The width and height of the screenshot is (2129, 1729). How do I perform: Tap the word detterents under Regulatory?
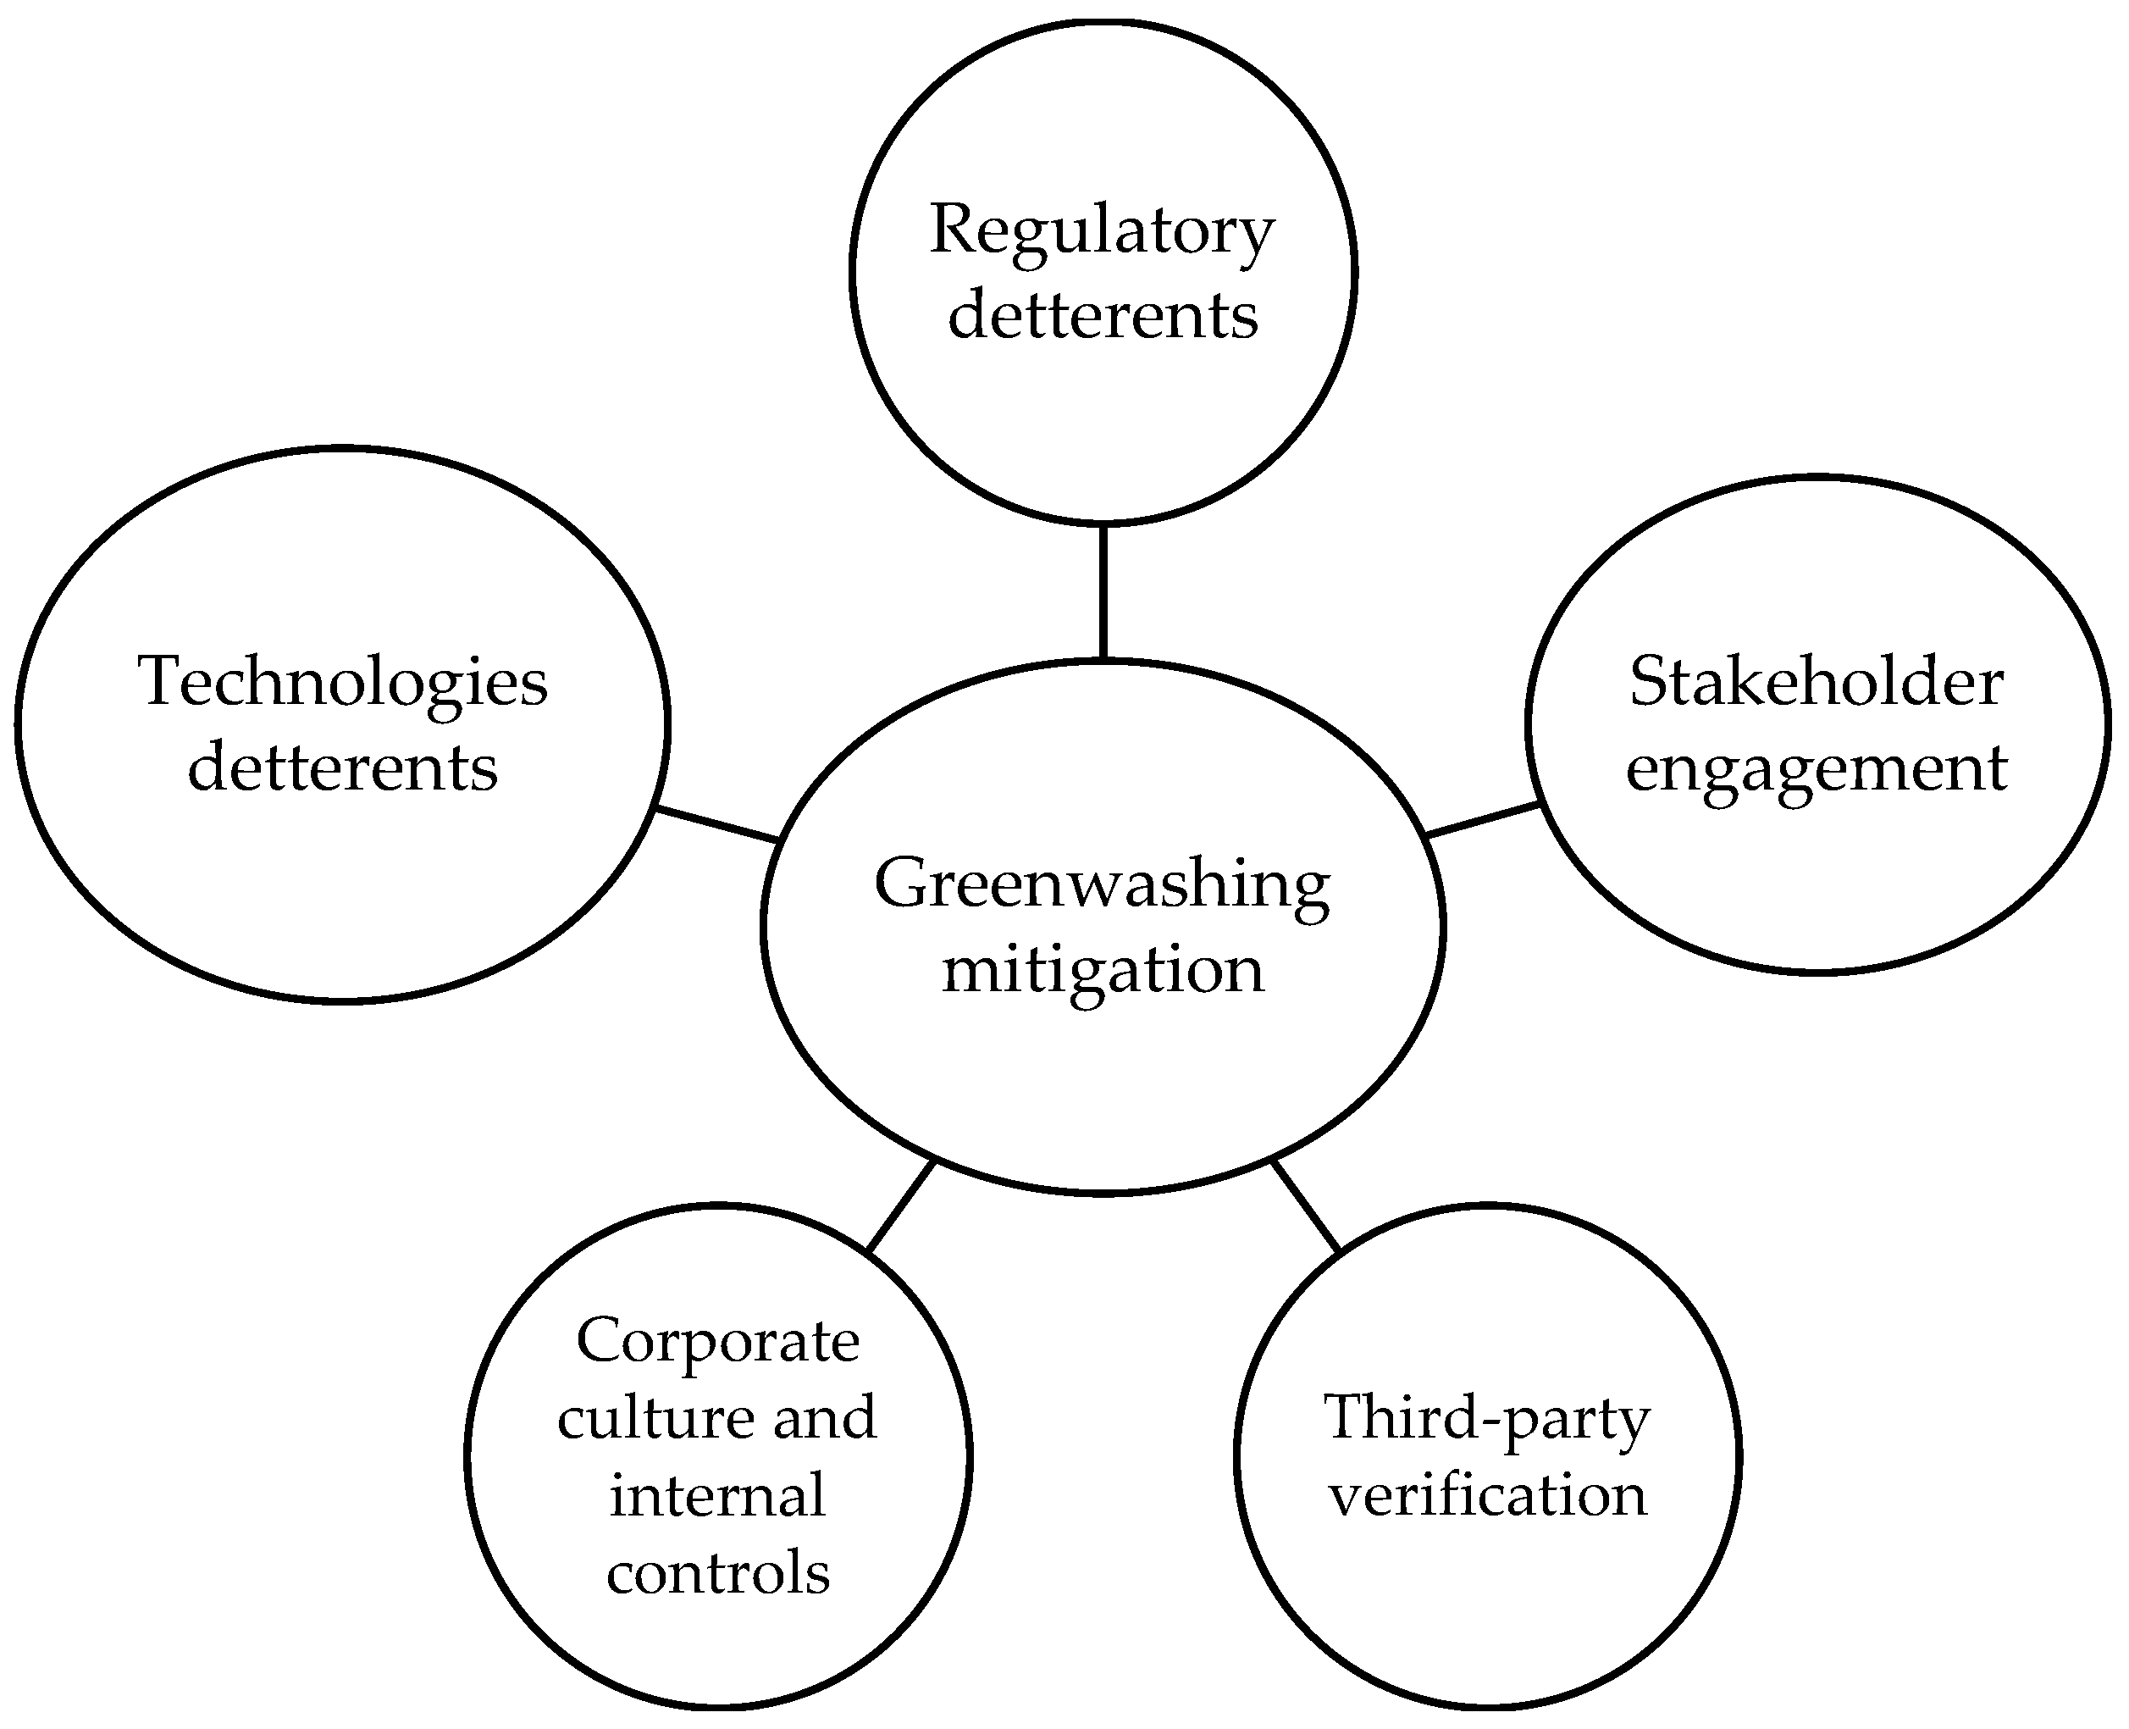(x=1103, y=316)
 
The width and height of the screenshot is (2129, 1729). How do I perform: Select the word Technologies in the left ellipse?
(x=342, y=682)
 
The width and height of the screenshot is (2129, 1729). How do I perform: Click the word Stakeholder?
(x=1817, y=682)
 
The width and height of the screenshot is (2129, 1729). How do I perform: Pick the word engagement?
(x=1817, y=770)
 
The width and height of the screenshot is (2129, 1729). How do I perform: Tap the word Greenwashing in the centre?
(x=1102, y=884)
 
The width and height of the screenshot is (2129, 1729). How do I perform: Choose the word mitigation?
(x=1103, y=969)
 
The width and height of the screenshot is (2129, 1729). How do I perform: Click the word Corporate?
(x=717, y=1340)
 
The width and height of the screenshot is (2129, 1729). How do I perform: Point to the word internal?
(x=717, y=1495)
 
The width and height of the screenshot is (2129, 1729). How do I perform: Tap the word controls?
(x=717, y=1572)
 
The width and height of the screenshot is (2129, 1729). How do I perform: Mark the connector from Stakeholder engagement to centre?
(x=1483, y=818)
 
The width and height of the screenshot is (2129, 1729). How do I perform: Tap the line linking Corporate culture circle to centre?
(x=900, y=1205)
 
